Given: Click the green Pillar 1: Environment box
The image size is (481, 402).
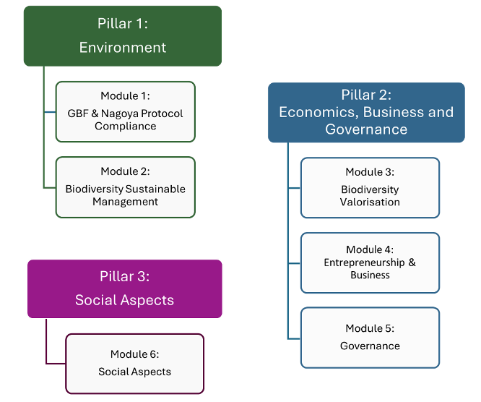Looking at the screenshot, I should (x=122, y=35).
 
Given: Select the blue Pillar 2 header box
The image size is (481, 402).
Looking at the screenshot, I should (x=366, y=112).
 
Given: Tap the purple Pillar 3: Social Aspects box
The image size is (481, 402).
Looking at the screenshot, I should (x=124, y=288).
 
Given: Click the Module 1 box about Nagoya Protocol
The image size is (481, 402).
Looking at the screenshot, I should (x=125, y=111).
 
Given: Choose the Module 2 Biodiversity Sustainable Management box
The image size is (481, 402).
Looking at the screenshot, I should (x=125, y=187).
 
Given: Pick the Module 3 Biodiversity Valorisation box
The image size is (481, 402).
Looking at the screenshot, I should (x=370, y=187).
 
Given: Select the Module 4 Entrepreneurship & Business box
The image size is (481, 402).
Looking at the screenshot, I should (x=370, y=262).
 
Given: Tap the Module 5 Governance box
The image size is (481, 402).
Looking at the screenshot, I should (x=370, y=338).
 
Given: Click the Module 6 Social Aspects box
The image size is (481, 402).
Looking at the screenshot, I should (x=134, y=363).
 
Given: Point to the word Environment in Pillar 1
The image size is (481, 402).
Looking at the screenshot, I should (x=123, y=48).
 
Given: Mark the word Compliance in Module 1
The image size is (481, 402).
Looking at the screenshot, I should (x=125, y=126).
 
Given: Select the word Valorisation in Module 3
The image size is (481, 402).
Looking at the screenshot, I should (x=370, y=202).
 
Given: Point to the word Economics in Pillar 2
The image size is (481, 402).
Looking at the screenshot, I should (x=318, y=112).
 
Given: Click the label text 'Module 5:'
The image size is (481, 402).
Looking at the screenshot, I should (x=370, y=328).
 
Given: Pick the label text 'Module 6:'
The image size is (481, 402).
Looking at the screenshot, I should (x=134, y=354).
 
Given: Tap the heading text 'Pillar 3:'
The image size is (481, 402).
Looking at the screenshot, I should (x=124, y=277).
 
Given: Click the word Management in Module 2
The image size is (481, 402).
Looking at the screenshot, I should (x=125, y=202).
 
